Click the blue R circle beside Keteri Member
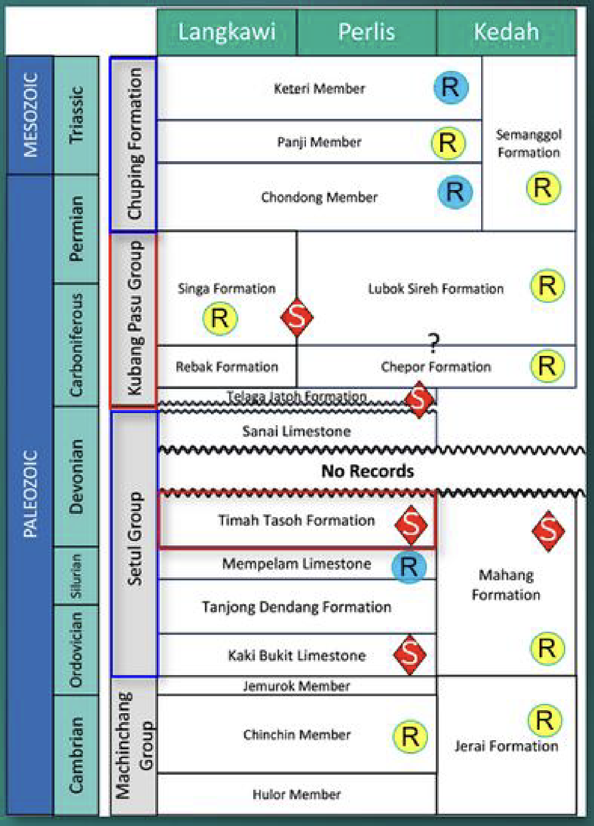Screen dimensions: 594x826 (451, 88)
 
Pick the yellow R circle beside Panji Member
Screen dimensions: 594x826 (448, 143)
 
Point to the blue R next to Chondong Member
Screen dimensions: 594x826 (455, 192)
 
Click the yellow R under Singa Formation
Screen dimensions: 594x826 (220, 318)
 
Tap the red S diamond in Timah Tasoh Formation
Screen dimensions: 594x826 (411, 525)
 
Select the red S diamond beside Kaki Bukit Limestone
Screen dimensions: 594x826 (410, 655)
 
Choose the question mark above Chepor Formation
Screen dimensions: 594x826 (434, 343)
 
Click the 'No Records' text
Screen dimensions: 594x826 (367, 471)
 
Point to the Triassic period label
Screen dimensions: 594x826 (76, 115)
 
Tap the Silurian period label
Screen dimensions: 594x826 (76, 576)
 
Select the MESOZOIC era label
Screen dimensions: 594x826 (31, 115)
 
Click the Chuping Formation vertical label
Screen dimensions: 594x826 (134, 143)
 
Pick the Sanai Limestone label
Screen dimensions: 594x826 (296, 431)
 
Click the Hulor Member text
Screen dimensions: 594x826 (296, 794)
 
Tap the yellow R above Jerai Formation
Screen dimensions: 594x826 (545, 721)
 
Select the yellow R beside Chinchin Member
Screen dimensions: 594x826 (410, 737)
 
